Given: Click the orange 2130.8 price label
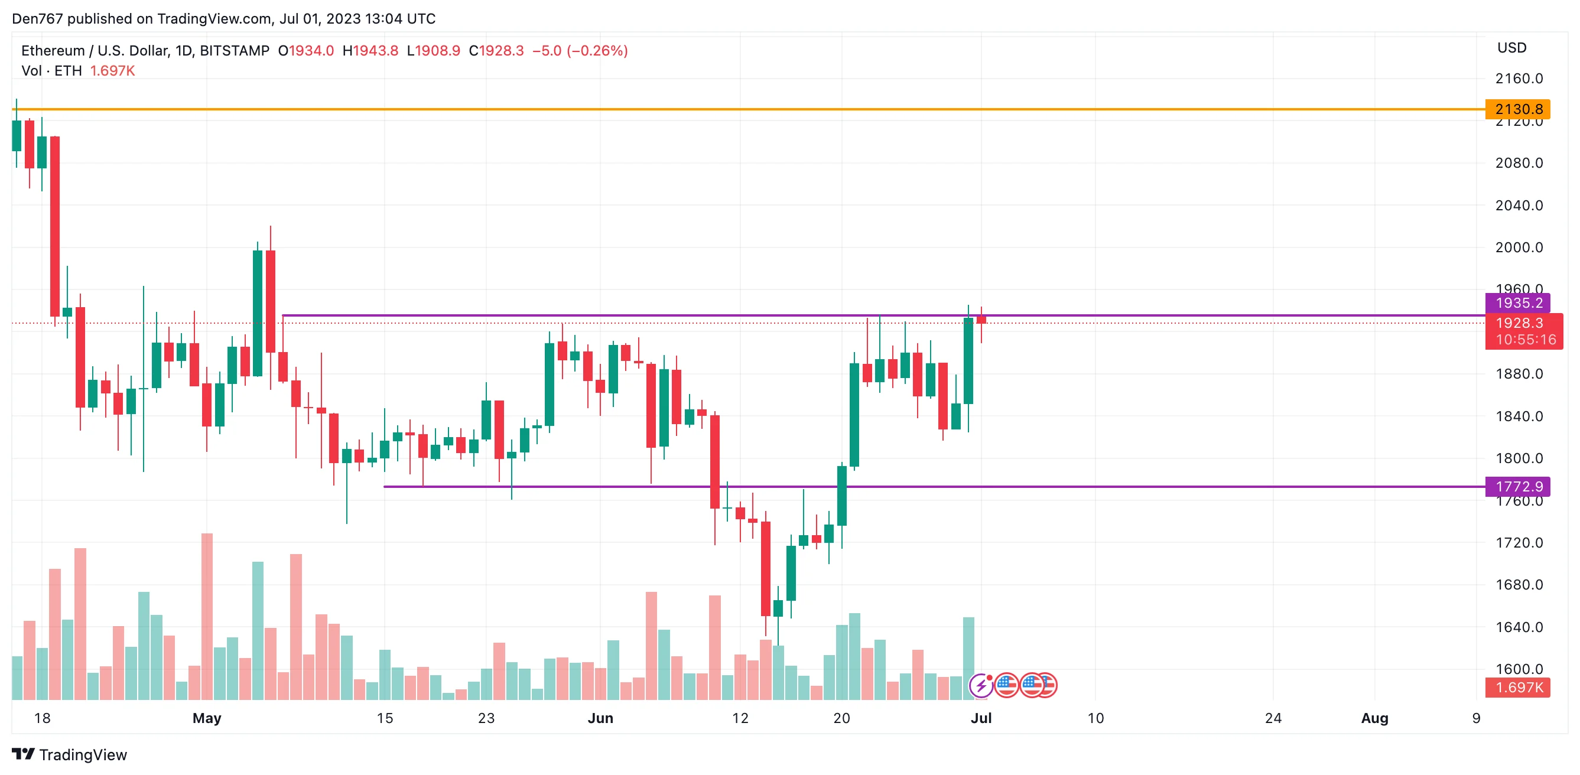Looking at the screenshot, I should coord(1517,109).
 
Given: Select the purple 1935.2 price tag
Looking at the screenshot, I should coord(1517,303).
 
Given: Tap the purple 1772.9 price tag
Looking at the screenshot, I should coord(1517,486).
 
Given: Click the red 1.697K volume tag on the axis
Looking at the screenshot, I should coord(1517,688).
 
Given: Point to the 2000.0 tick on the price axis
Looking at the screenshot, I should coord(1519,248).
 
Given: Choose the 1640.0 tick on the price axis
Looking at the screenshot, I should coord(1519,627).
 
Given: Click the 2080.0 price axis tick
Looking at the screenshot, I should coord(1519,163).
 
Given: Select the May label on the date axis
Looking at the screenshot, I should coord(207,718).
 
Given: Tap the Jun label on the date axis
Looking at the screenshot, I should coord(600,718).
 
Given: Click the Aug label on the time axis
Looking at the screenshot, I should coord(1374,718).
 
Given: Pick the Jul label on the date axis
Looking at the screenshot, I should coord(981,718).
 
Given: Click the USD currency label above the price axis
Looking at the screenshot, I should coord(1511,48).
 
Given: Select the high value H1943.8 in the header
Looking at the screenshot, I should coord(370,51).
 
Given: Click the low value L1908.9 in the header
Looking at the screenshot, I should coord(434,51).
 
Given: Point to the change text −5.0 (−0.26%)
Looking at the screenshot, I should coord(580,51).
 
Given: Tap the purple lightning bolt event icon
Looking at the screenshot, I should coord(981,685).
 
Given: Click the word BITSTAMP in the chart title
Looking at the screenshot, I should coord(235,51).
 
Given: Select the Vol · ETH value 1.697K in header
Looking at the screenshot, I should coord(112,71).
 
